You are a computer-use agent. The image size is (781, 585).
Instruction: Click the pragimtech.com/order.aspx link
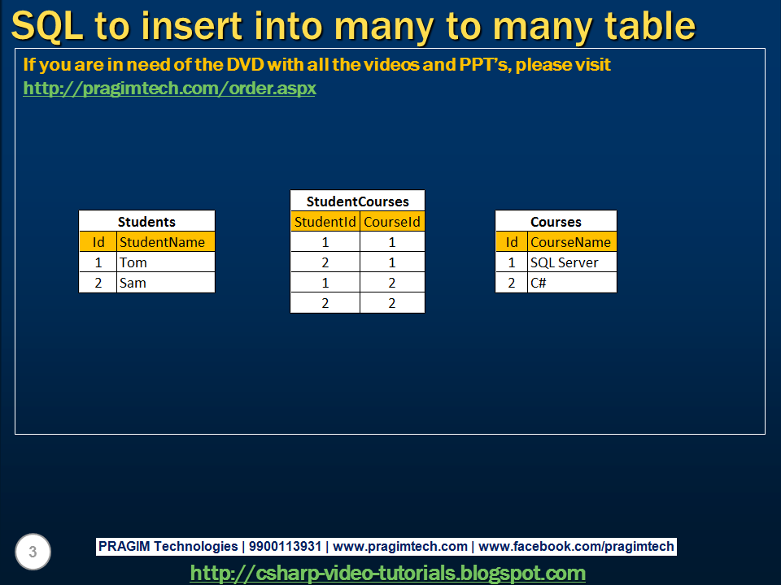click(x=169, y=88)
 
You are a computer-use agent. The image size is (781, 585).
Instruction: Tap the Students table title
click(x=146, y=221)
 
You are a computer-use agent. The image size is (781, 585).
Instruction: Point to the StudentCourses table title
click(x=357, y=201)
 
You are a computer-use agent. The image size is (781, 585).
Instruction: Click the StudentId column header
click(x=325, y=222)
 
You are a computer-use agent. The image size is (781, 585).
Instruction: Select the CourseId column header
click(x=392, y=222)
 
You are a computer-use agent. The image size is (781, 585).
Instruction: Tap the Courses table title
click(x=556, y=221)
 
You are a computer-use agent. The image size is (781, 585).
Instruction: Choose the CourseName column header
click(x=570, y=242)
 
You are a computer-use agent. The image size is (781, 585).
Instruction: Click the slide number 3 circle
click(x=33, y=552)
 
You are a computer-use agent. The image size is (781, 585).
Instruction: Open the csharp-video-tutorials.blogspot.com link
click(x=387, y=573)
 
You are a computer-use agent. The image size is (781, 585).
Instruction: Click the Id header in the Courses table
click(x=512, y=242)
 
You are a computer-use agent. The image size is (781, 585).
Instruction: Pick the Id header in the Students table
click(x=98, y=242)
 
